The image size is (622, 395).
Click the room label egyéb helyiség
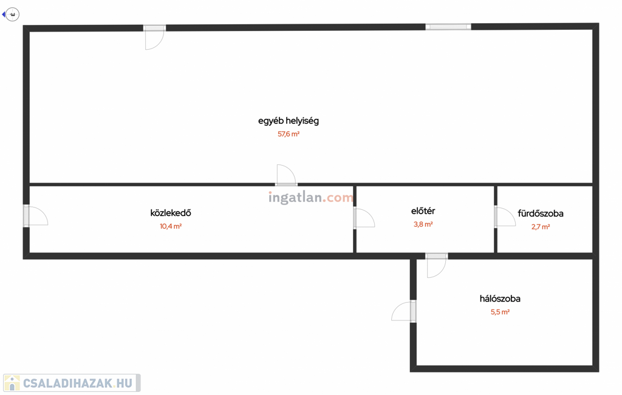[289, 121]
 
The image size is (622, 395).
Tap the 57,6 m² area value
[289, 134]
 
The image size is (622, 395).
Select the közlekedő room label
[171, 213]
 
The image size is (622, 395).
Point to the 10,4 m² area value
[171, 226]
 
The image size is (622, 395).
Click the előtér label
[423, 211]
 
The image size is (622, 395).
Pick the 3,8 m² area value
[423, 225]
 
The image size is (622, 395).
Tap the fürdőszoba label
[541, 214]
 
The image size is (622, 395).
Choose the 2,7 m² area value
[541, 227]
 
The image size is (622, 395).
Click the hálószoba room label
[500, 299]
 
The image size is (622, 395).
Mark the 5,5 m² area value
[500, 312]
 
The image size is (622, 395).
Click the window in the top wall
[448, 27]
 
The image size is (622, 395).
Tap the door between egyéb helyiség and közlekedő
[286, 176]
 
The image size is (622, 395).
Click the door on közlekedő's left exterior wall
[35, 216]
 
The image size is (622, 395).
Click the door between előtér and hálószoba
[437, 265]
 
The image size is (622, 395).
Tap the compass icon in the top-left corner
[12, 14]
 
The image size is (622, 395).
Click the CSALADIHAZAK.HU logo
[72, 383]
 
